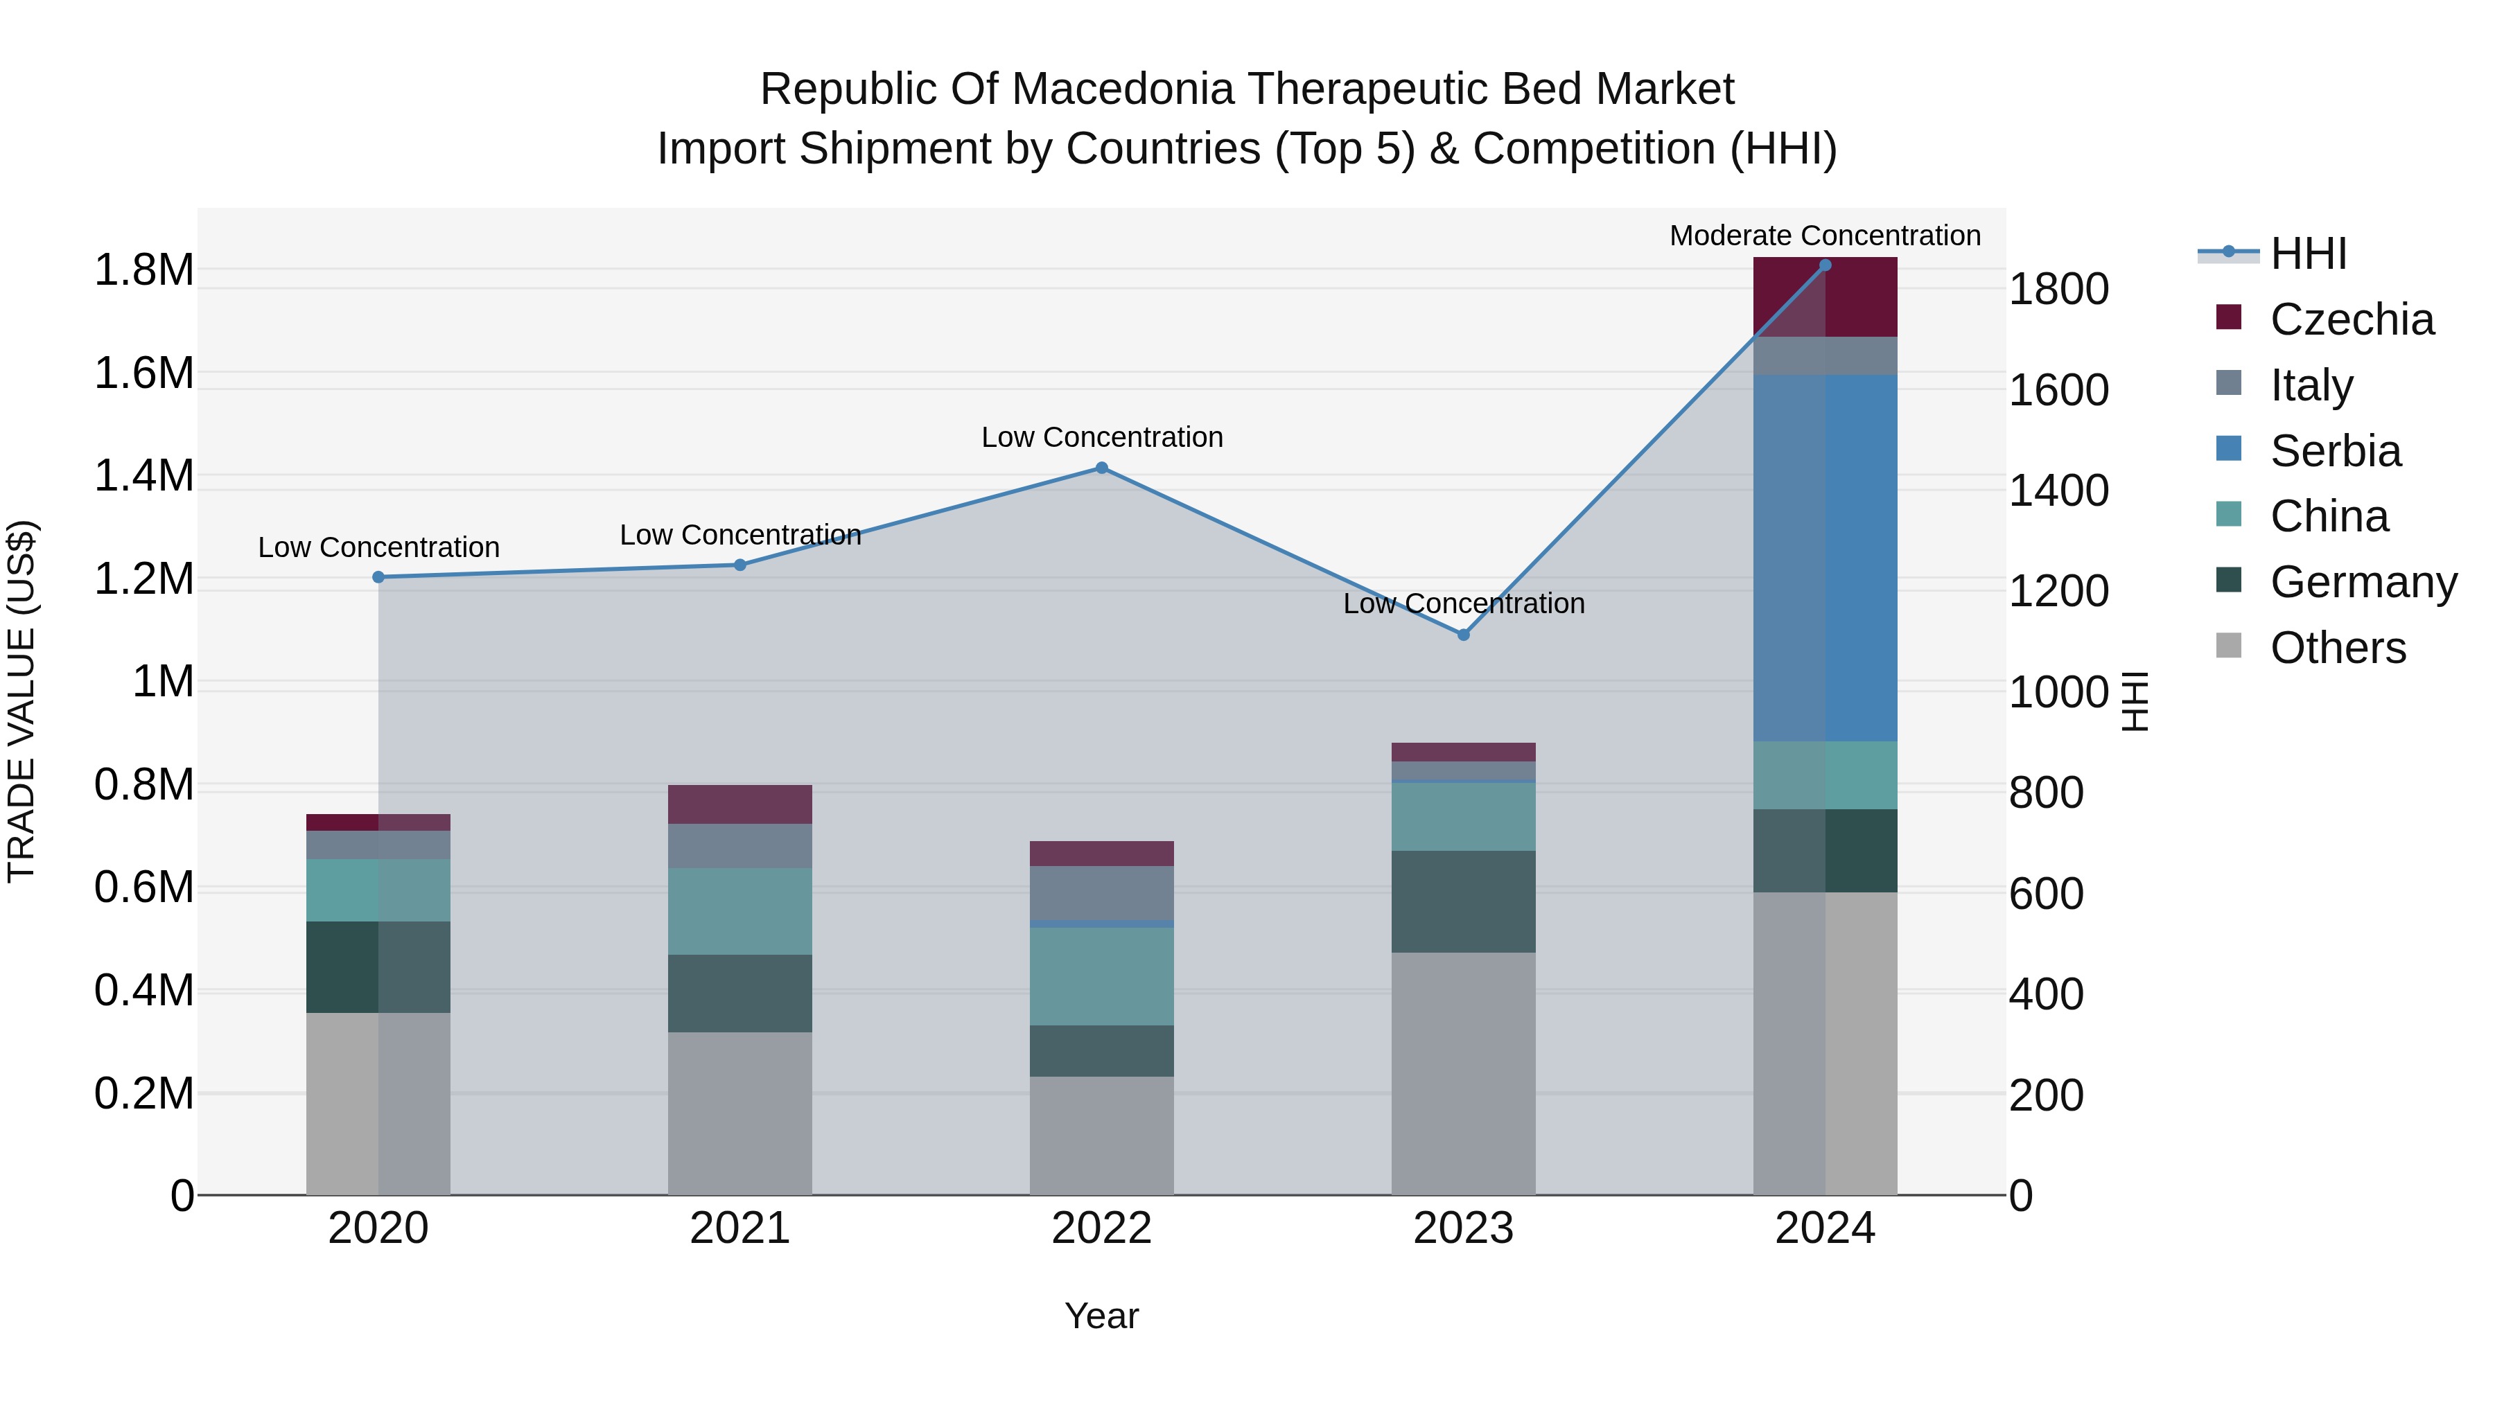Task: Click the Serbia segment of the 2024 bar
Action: pos(1825,558)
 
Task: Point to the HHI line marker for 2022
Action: pos(1101,468)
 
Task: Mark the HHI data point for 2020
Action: pos(378,577)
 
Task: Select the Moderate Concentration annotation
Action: pos(1825,236)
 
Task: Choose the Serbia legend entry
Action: pos(2334,451)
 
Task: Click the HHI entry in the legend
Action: pos(2307,254)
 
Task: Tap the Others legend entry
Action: pos(2336,648)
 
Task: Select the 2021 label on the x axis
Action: pos(740,1228)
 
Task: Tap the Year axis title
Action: pos(1101,1316)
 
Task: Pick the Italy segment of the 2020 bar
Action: pos(378,845)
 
